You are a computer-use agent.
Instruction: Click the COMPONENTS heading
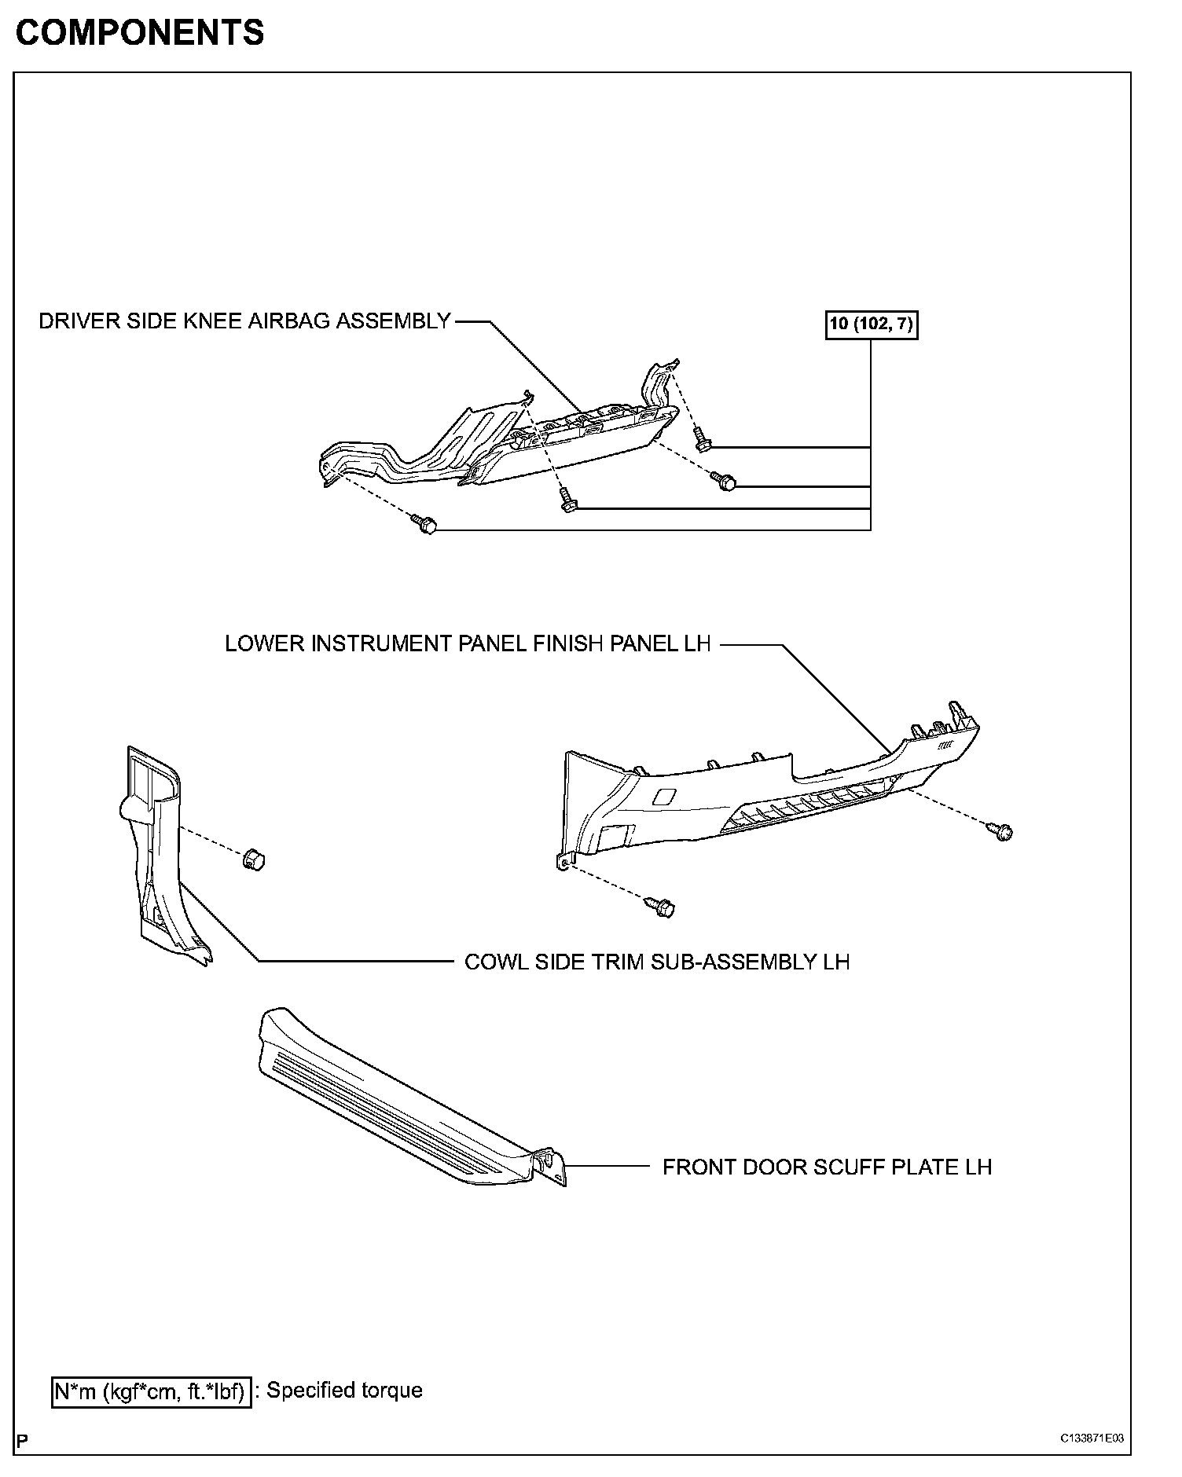coord(140,33)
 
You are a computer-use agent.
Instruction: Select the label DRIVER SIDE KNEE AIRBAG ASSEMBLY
coord(244,321)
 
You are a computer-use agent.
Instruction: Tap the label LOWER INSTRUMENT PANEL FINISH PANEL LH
coord(468,643)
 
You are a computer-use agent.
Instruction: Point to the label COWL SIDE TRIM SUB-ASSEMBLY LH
coord(657,962)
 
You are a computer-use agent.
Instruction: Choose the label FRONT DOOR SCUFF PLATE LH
coord(827,1167)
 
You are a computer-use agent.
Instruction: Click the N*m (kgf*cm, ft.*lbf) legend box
coord(151,1391)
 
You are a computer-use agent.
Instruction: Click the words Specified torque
coord(344,1391)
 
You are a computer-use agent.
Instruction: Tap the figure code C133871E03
coord(1092,1439)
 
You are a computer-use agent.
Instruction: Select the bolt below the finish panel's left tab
coord(662,907)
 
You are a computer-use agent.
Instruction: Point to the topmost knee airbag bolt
coord(702,442)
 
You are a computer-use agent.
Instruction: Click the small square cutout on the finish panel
coord(663,797)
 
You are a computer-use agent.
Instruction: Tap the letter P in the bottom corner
coord(22,1441)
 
